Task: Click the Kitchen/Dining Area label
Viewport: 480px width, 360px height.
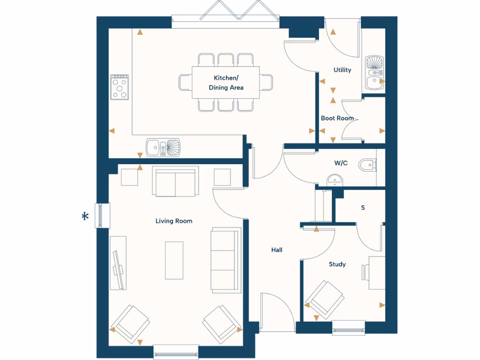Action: pyautogui.click(x=226, y=83)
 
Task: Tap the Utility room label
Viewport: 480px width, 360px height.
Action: pyautogui.click(x=342, y=70)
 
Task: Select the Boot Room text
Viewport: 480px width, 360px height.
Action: pyautogui.click(x=337, y=118)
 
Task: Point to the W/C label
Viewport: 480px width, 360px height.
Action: pyautogui.click(x=341, y=163)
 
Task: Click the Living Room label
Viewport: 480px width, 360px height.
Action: pyautogui.click(x=174, y=221)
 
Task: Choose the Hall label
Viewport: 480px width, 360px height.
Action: pyautogui.click(x=277, y=250)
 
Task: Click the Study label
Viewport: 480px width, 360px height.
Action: pyautogui.click(x=337, y=264)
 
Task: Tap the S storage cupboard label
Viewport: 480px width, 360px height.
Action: pyautogui.click(x=362, y=207)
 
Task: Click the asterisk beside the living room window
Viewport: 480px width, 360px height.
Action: pyautogui.click(x=85, y=217)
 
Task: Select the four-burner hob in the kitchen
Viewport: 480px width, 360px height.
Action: pyautogui.click(x=120, y=87)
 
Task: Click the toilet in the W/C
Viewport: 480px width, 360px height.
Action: pyautogui.click(x=367, y=165)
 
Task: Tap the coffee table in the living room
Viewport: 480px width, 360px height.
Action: pyautogui.click(x=174, y=260)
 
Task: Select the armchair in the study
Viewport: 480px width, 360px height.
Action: pyautogui.click(x=324, y=298)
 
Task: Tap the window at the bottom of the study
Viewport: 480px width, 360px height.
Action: pyautogui.click(x=348, y=327)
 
